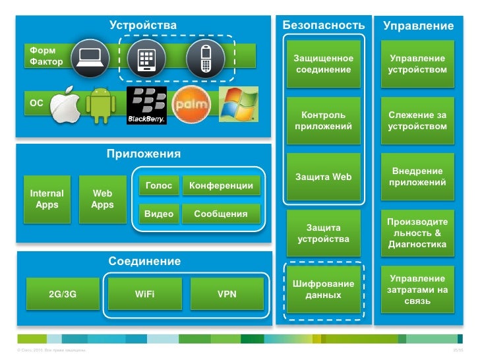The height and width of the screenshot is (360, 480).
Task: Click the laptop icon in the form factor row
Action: tap(88, 58)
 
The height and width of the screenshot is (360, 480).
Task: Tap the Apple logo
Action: tap(65, 105)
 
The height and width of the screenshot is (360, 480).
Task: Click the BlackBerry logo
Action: tap(146, 105)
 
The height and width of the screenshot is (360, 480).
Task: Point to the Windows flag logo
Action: tap(237, 104)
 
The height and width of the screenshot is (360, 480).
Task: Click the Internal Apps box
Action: tap(47, 199)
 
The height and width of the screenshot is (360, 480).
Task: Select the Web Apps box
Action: tap(102, 199)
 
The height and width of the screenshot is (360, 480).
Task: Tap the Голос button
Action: tap(159, 186)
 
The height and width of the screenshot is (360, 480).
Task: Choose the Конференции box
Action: tap(221, 186)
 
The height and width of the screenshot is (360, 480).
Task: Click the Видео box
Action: tap(159, 214)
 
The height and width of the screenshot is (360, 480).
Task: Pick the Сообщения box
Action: tap(221, 214)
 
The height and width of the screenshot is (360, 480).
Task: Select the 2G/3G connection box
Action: tap(63, 294)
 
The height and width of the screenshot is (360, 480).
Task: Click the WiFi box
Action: tap(144, 294)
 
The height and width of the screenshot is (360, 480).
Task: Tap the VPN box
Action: tap(227, 294)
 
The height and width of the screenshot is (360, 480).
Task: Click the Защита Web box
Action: tap(323, 177)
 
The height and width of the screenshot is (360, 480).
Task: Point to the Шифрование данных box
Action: tap(323, 289)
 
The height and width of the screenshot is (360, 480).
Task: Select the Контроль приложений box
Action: tap(323, 121)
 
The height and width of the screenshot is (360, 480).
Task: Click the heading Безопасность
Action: tap(323, 24)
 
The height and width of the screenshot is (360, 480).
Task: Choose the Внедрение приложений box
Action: tap(418, 177)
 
